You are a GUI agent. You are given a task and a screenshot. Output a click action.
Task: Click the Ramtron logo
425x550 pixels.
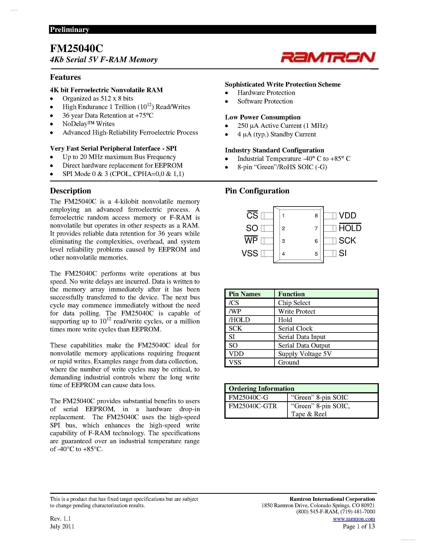coord(328,57)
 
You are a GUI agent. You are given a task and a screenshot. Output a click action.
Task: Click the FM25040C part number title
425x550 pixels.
coord(77,48)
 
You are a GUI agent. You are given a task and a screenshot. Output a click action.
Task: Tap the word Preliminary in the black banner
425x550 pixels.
coord(69,29)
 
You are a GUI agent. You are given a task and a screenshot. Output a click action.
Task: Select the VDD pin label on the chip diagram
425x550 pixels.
coord(347,216)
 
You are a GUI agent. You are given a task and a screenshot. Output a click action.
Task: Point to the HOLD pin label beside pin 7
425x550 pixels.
coord(350,228)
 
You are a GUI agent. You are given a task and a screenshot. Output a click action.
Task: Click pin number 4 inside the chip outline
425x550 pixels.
coord(284,254)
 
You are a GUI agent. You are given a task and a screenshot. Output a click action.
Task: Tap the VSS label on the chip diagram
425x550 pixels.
coord(250,253)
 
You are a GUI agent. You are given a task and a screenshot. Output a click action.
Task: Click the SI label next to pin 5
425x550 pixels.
coord(343,253)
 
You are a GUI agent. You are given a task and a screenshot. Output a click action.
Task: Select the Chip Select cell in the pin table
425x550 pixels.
coord(294,303)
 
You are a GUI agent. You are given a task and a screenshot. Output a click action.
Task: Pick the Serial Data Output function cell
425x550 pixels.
coord(304,345)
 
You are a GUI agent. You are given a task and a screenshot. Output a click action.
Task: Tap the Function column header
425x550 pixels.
coord(291,294)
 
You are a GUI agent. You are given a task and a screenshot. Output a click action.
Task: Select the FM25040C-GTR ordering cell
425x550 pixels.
coord(253,406)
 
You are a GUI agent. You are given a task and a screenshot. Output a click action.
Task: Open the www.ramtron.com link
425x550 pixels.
coord(354,519)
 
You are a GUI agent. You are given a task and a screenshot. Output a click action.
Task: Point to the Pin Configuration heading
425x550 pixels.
coord(257,191)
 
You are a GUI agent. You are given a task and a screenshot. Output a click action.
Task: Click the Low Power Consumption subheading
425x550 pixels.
coord(263,117)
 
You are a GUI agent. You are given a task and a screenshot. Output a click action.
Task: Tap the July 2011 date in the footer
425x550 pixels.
coord(62,526)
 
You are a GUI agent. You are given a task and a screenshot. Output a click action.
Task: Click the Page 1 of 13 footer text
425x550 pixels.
coord(359,526)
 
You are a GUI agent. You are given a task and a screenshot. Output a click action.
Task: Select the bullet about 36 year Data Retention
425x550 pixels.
coord(108,115)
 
